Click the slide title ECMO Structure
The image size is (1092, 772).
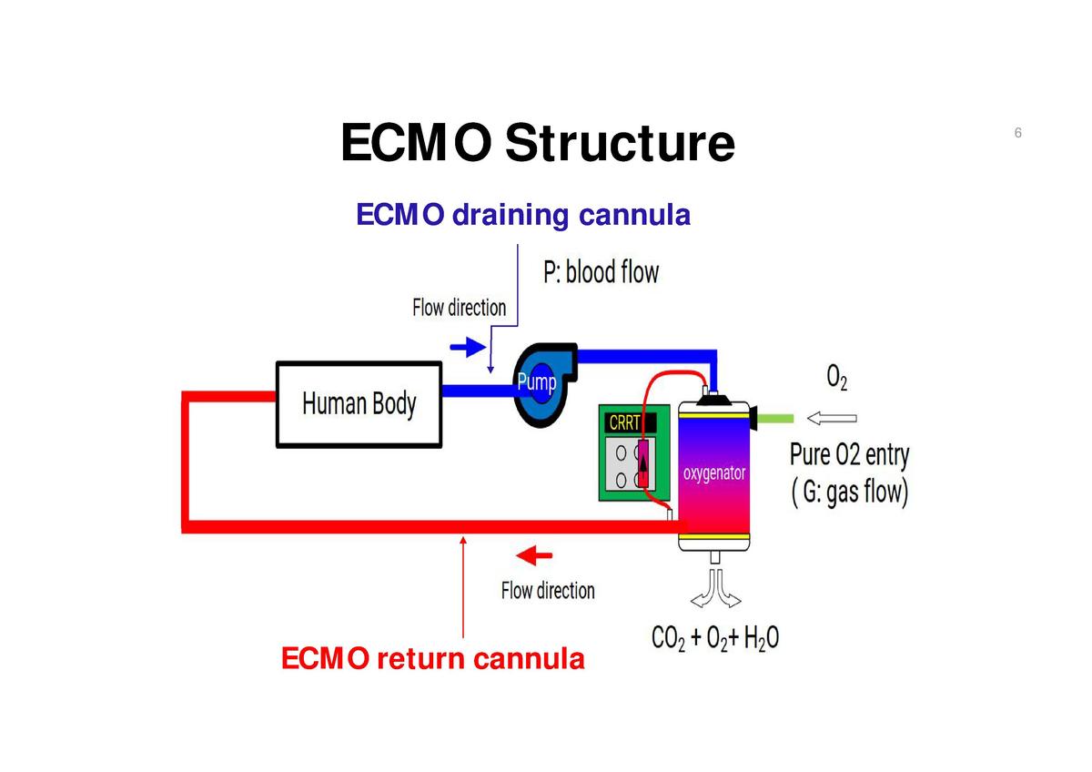537,144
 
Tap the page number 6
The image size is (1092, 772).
1017,134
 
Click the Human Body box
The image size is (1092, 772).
359,404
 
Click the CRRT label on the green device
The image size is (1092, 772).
624,423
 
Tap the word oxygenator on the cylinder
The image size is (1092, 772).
714,473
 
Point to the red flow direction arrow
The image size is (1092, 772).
533,554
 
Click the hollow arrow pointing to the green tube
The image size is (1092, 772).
832,418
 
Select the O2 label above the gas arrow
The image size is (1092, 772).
836,377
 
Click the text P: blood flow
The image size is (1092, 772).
601,271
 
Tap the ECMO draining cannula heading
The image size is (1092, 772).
523,216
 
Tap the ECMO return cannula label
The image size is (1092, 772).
433,657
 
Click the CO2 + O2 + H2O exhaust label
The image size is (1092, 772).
714,637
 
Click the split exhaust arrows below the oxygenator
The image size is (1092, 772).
715,589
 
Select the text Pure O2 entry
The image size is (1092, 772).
848,454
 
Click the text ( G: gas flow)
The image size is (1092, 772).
849,493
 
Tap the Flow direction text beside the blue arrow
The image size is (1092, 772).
459,308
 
